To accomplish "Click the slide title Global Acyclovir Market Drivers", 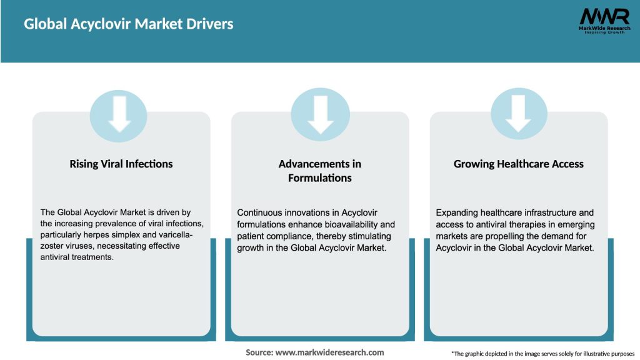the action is [128, 24].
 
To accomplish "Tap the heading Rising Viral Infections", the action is [121, 164].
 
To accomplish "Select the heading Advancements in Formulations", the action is [320, 171].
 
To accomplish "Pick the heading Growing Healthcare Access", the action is [519, 164].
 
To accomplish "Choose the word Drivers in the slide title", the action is [210, 24].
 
